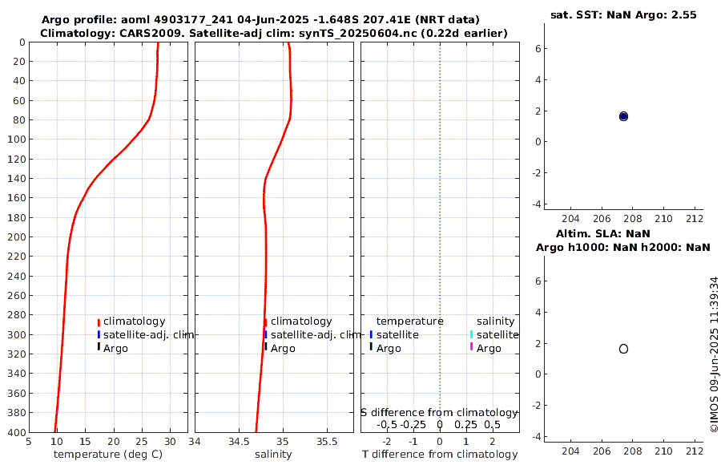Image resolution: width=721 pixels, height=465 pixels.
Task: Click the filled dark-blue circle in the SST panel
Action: pos(623,116)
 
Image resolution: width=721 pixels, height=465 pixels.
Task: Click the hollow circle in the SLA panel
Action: pos(623,349)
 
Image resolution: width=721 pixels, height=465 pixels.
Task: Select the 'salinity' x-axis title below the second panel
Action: pos(273,455)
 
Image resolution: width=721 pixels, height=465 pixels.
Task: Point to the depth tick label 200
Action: pos(15,237)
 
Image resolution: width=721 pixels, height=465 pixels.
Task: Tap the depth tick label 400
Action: pos(15,432)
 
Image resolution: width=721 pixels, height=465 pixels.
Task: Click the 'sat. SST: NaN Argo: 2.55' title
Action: pos(622,15)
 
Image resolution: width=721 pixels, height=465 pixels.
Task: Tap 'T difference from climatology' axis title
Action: pos(440,455)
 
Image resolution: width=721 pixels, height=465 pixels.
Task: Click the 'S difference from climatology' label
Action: pos(439,412)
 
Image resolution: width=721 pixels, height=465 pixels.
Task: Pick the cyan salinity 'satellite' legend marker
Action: pos(471,334)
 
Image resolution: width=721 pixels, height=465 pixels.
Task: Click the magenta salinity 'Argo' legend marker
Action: pos(471,347)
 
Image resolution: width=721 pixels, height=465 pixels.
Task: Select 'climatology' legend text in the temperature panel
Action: pos(134,321)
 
